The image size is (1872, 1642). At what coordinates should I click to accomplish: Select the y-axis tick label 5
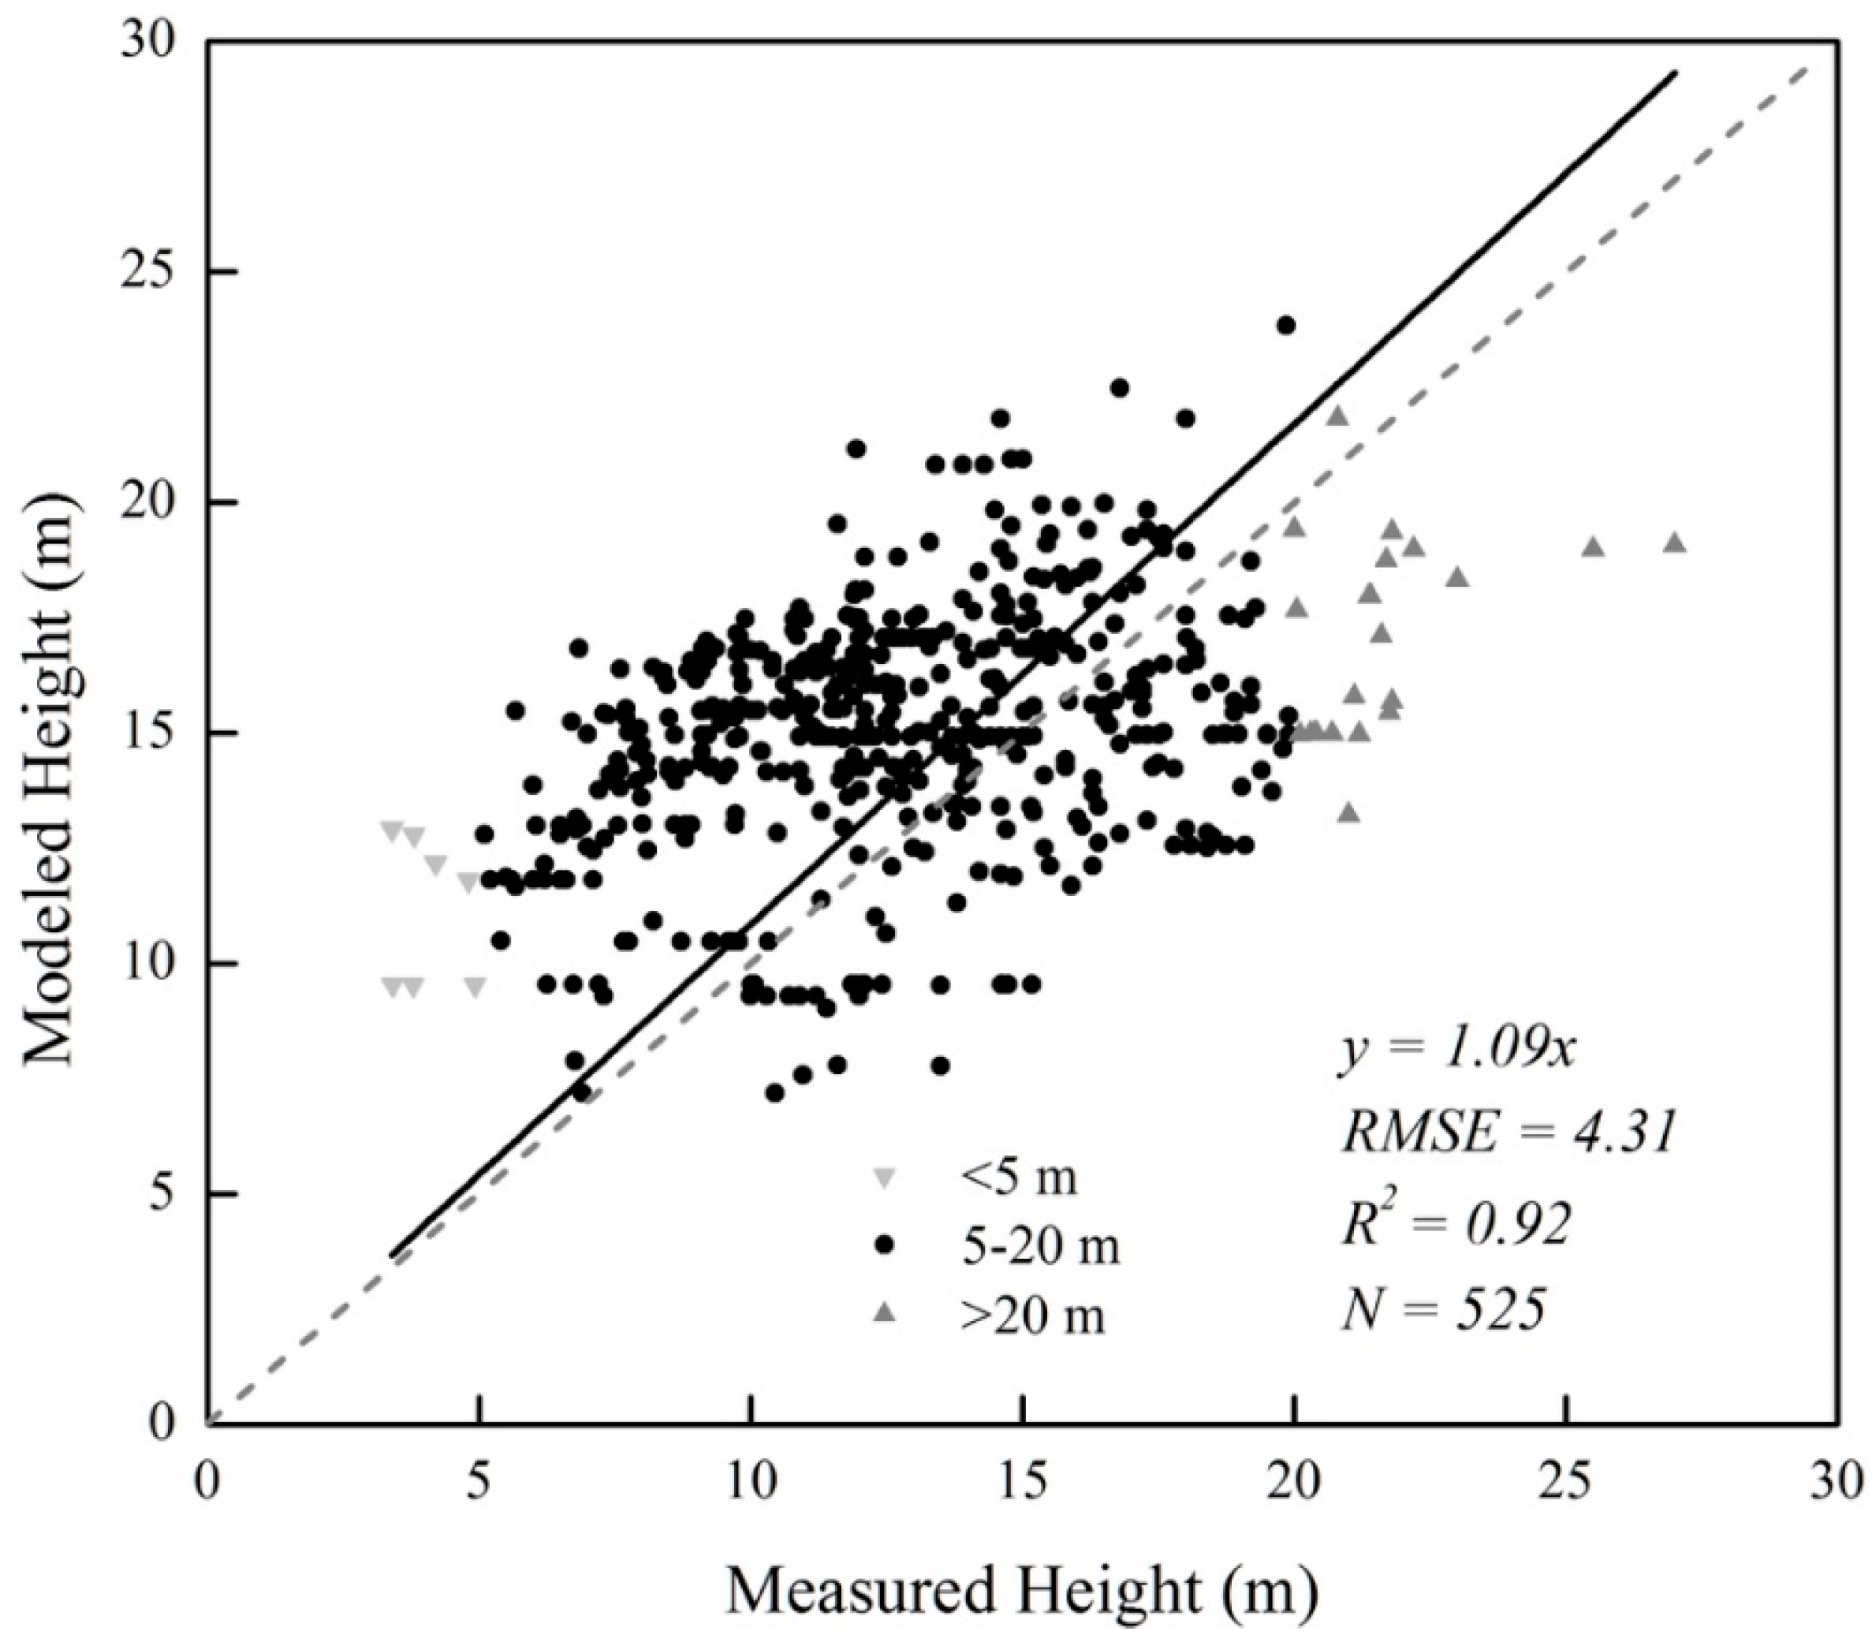pos(163,1194)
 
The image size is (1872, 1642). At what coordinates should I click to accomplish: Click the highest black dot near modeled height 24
pos(1286,325)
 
